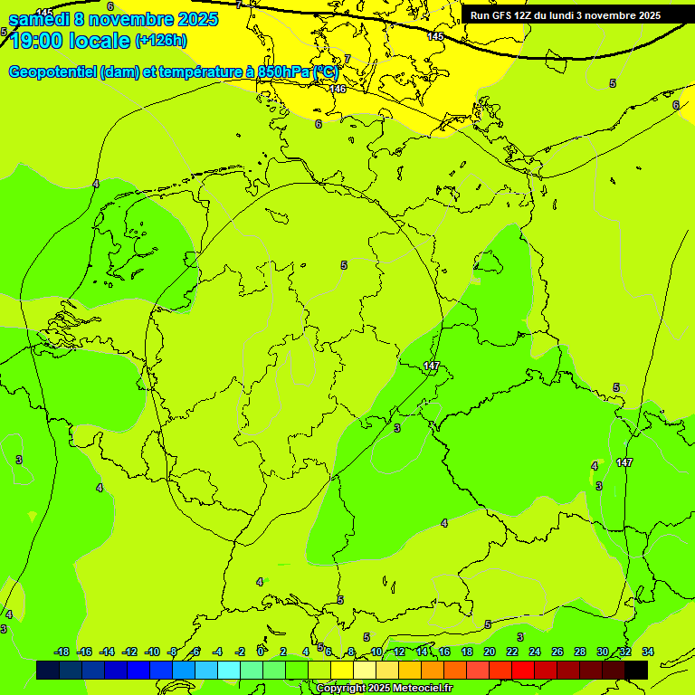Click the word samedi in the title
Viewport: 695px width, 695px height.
point(37,19)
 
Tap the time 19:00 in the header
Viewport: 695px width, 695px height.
point(36,41)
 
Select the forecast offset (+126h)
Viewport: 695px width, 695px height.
point(160,41)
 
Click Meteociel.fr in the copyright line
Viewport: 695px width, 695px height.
point(417,689)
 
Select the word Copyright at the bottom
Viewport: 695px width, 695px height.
point(340,689)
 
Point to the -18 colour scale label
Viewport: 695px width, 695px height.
point(62,652)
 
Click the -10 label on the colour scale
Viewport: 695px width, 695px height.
point(152,652)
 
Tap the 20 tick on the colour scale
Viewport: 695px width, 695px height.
point(489,652)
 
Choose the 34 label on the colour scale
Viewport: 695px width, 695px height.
point(648,652)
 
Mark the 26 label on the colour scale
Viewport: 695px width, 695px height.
point(557,652)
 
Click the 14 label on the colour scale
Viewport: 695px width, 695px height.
point(422,652)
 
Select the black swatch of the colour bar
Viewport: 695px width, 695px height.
point(636,670)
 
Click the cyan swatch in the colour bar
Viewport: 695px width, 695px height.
point(229,670)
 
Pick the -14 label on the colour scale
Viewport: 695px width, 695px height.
point(107,652)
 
